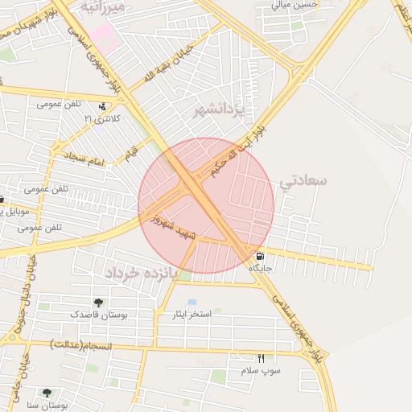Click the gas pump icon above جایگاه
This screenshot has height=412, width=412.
[x=257, y=257]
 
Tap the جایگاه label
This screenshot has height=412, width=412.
[x=261, y=268]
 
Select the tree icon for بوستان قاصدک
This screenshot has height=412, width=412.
[x=98, y=303]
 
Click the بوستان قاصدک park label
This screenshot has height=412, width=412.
[x=97, y=314]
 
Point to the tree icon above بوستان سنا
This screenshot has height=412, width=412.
[x=47, y=393]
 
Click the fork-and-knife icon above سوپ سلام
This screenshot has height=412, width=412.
[x=260, y=359]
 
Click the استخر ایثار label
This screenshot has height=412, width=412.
[x=187, y=313]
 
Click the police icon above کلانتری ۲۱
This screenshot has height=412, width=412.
[x=102, y=106]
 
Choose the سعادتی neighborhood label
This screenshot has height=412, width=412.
[x=303, y=180]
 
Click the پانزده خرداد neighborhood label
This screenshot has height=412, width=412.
[x=139, y=273]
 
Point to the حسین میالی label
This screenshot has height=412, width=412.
[x=295, y=4]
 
